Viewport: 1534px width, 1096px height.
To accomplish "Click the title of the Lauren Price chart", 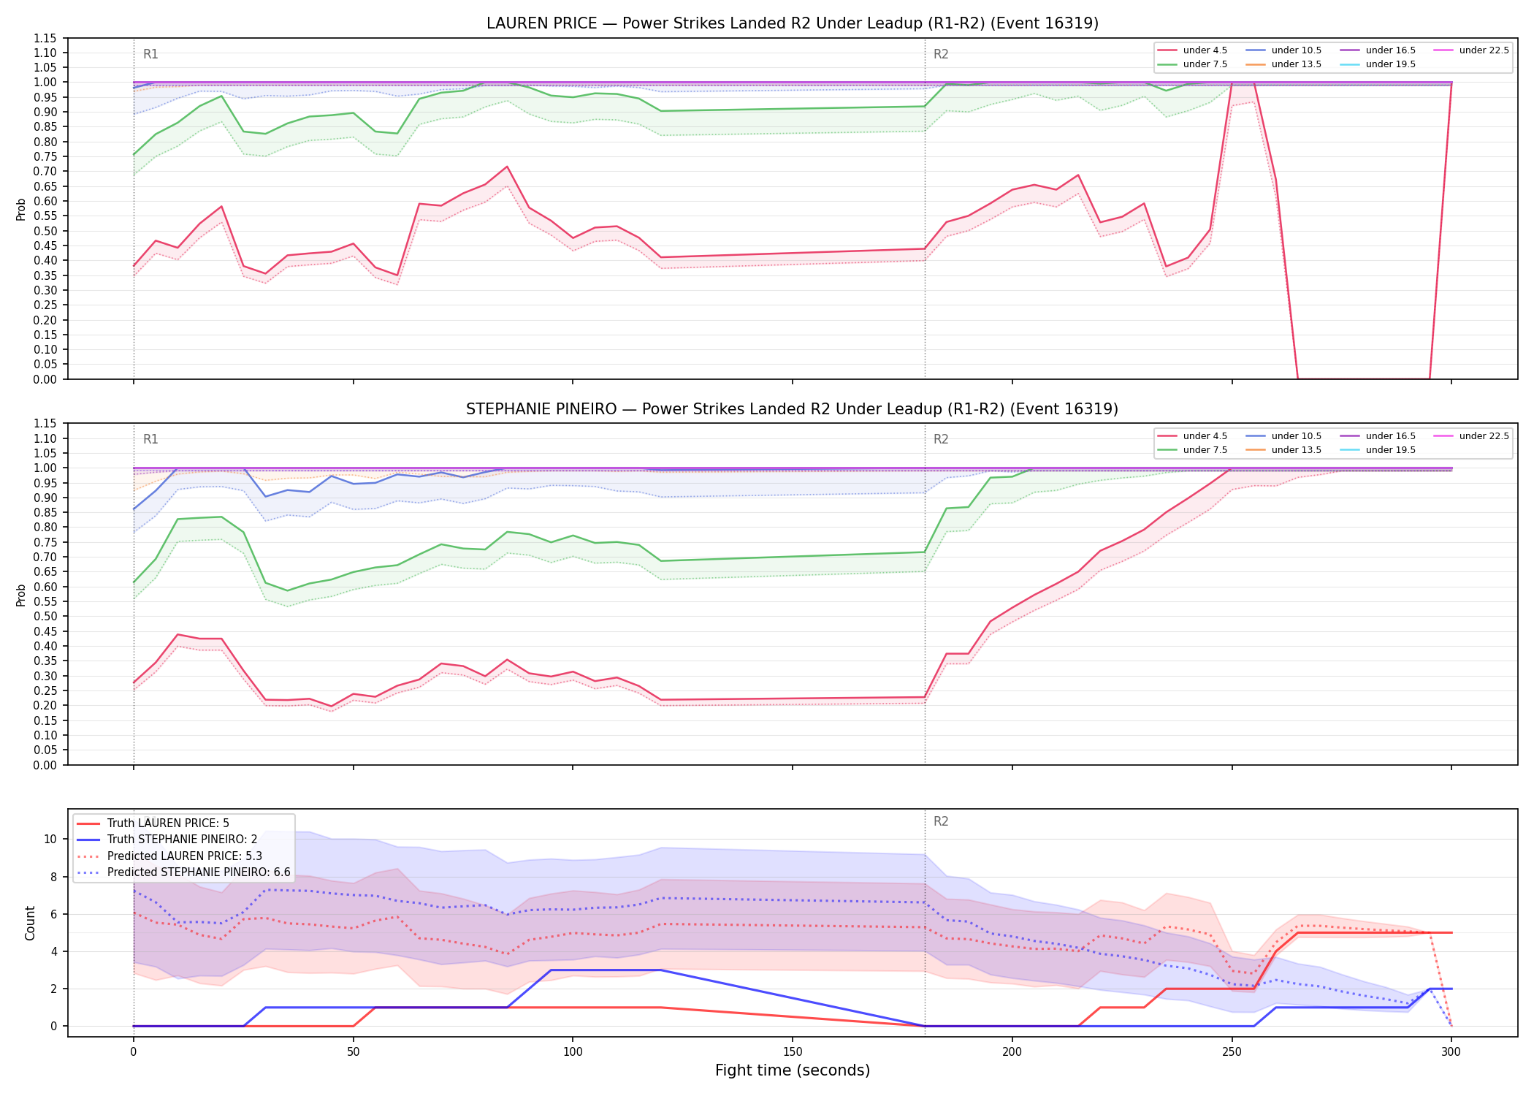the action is pos(793,23).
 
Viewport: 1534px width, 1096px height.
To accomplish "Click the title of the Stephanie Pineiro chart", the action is pos(793,409).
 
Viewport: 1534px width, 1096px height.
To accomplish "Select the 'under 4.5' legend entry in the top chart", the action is pos(1193,50).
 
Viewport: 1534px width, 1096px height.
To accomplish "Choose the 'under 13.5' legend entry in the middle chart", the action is pos(1283,450).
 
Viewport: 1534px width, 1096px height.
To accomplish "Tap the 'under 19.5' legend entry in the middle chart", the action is pos(1378,450).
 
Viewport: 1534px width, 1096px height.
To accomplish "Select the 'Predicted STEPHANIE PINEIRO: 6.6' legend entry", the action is pos(183,872).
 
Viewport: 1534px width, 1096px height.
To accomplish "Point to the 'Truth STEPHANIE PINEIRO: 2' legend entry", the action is pos(167,840).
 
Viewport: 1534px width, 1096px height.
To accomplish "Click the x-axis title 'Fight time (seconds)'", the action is pos(793,1070).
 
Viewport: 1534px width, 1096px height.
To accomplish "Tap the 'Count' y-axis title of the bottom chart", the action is pos(30,923).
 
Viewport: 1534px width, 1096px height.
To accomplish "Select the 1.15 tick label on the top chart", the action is pos(45,38).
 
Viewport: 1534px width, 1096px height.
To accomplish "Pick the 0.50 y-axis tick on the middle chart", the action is pos(45,617).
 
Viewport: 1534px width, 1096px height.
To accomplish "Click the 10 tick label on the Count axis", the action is pos(50,840).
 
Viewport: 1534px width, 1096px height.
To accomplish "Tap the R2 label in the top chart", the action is pos(941,54).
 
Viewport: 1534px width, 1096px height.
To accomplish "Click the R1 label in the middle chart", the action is pos(150,439).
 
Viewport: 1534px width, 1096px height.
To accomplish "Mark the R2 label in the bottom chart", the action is pos(941,821).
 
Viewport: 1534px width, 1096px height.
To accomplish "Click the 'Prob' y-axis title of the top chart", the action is pos(21,209).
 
